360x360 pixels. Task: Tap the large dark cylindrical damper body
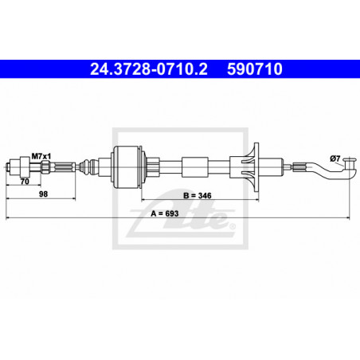click(128, 167)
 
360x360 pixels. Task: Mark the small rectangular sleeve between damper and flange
click(193, 167)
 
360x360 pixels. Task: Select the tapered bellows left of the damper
click(81, 167)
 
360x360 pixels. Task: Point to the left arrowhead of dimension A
click(8, 216)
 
